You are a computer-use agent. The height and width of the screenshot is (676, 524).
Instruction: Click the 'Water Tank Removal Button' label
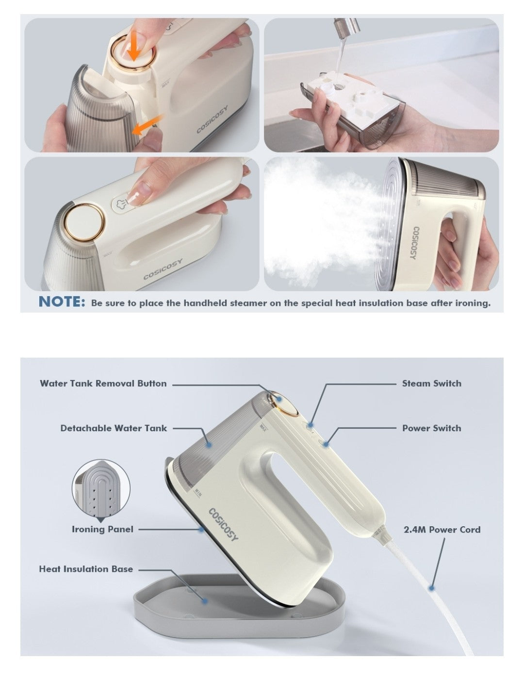103,383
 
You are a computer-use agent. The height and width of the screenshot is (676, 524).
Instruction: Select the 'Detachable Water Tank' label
114,428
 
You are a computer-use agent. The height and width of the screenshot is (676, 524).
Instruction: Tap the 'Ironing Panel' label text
102,529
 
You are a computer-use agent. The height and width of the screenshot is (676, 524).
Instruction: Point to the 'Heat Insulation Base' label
86,569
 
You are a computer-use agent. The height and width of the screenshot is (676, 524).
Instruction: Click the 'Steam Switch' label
431,383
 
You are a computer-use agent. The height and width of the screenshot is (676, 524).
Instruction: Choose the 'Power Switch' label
431,428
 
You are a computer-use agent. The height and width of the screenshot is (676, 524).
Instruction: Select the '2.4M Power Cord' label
442,530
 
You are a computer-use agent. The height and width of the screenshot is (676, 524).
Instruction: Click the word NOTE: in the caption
62,301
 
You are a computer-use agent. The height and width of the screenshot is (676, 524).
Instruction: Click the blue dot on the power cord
431,588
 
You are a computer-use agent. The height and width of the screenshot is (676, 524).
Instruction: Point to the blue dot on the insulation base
205,601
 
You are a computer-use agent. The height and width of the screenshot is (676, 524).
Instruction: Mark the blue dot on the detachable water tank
209,445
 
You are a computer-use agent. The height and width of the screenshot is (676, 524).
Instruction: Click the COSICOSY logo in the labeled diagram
223,525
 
